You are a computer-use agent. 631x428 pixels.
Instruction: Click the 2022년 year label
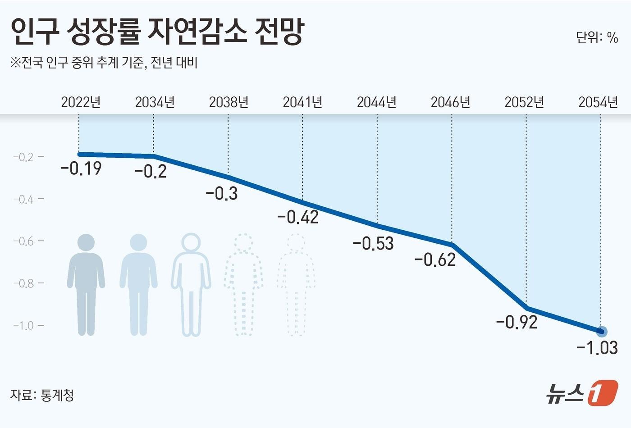coord(81,102)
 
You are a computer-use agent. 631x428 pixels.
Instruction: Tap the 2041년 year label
coord(302,102)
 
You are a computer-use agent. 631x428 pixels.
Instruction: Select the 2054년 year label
coord(598,102)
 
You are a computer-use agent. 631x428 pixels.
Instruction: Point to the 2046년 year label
coord(450,102)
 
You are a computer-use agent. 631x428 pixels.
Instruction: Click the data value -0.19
coord(81,168)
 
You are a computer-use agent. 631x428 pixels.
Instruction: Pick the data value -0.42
coord(298,217)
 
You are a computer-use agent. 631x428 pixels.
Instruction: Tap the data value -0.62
coord(435,260)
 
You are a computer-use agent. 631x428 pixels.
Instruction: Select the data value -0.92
coord(517,322)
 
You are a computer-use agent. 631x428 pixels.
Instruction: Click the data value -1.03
coord(597,348)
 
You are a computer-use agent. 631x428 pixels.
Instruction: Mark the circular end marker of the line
coord(601,332)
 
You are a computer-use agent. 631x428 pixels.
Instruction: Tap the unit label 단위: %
coord(597,37)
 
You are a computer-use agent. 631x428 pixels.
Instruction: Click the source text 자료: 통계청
coord(42,395)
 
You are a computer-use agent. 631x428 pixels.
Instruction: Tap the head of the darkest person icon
coord(86,242)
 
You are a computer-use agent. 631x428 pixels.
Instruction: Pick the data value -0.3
coord(222,193)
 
